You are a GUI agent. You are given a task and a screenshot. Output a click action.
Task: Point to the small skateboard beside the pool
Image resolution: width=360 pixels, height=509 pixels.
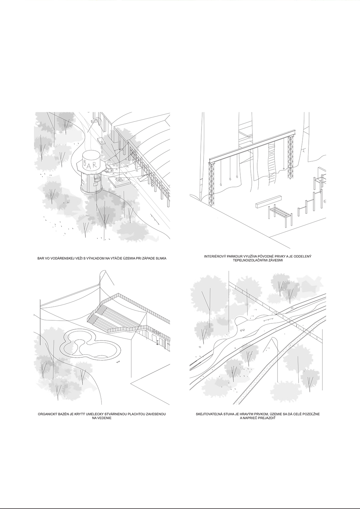[x=118, y=362]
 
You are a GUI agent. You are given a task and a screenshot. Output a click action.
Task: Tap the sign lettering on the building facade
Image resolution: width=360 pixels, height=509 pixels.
[x=157, y=333]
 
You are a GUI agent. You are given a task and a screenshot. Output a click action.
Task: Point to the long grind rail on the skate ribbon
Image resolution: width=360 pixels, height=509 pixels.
[x=268, y=319]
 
